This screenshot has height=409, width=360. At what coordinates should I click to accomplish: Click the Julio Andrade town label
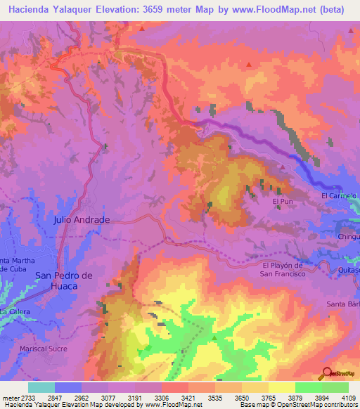[x=82, y=220]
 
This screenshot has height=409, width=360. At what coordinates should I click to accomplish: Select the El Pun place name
[x=282, y=202]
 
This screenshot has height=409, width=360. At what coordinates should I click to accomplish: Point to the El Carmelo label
[x=340, y=195]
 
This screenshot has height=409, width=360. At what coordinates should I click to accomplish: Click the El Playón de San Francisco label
[x=283, y=269]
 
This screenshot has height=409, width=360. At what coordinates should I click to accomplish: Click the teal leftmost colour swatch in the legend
[x=41, y=387]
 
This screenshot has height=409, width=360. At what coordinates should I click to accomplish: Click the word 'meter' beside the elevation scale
[x=6, y=398]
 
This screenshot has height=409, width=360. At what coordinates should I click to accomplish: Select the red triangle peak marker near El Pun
[x=282, y=167]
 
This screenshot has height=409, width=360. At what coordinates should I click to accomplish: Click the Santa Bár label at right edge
[x=343, y=304]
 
